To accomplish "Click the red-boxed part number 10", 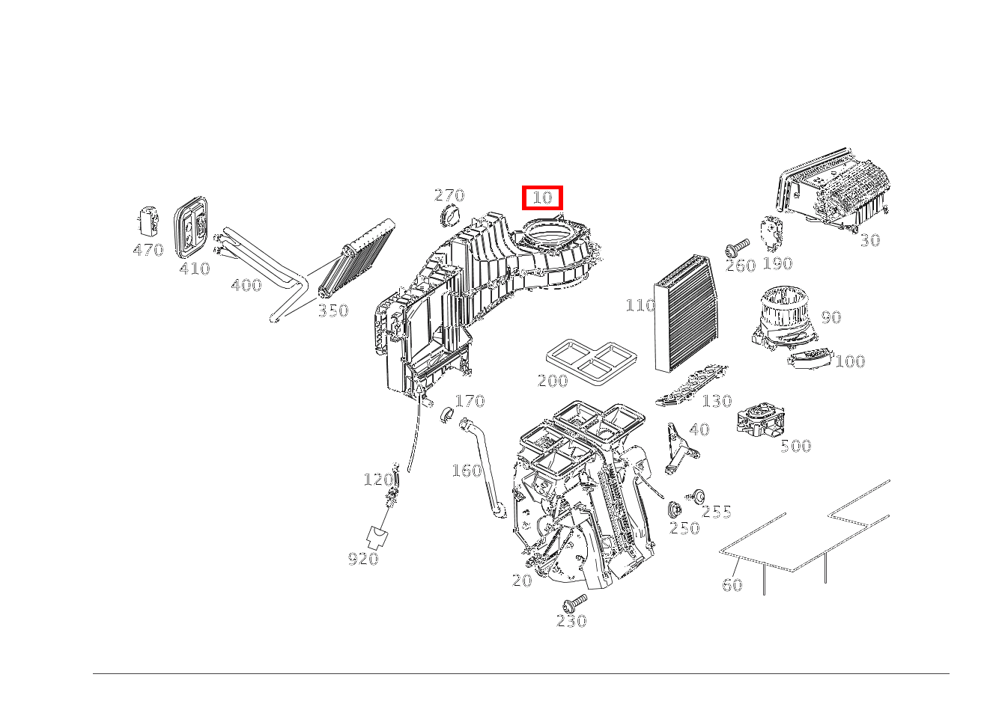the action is [x=542, y=198].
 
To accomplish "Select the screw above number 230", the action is [x=574, y=603].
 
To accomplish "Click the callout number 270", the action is [x=449, y=195].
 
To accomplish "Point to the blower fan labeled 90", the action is [x=786, y=317].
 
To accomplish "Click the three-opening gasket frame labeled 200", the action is [x=592, y=361].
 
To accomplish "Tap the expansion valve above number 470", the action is [x=148, y=220].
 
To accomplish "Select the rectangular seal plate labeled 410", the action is [x=191, y=227].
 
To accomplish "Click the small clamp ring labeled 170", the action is [x=447, y=414].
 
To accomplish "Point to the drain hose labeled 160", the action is [x=484, y=468].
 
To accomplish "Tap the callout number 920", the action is [x=363, y=559].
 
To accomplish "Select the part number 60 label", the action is [x=732, y=585].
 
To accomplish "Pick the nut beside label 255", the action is [x=697, y=497].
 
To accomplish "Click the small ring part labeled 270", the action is [x=449, y=217].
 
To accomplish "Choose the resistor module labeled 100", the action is [x=810, y=358].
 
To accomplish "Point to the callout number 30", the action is [x=869, y=240].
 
